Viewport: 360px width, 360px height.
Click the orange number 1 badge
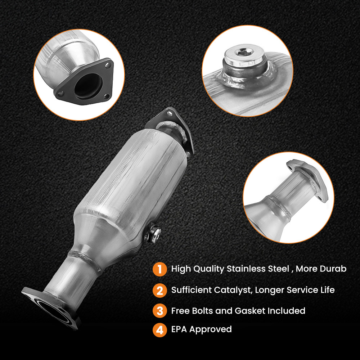(160, 269)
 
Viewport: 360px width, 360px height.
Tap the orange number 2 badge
(160, 290)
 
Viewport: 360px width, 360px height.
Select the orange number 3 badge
(160, 311)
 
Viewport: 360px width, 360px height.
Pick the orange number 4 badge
(160, 329)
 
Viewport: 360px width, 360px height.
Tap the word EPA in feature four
(179, 329)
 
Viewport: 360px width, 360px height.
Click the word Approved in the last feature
(211, 329)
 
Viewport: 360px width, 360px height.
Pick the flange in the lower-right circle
(306, 176)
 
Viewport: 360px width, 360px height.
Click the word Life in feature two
(326, 290)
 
